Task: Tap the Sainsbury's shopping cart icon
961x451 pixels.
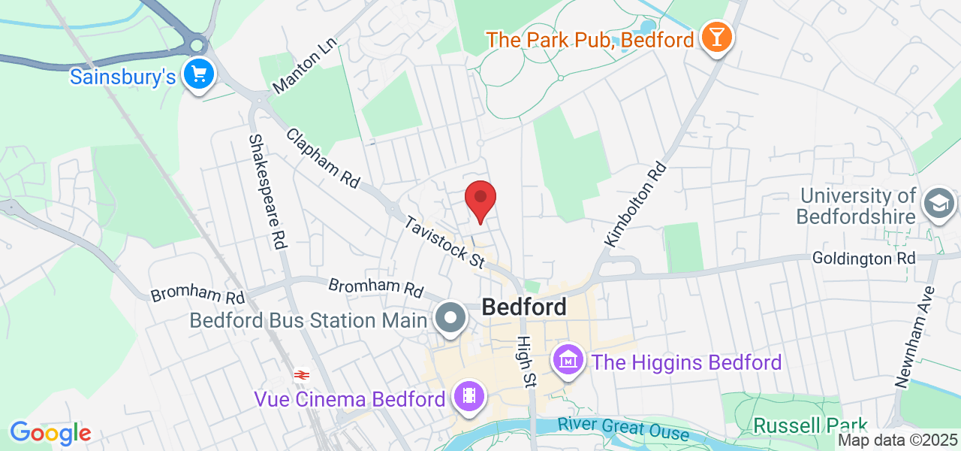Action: [199, 74]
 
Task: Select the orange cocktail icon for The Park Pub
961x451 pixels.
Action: [715, 38]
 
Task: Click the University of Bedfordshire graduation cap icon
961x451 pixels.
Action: [939, 204]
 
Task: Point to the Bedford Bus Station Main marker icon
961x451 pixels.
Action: [450, 319]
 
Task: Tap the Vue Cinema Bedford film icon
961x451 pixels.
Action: [469, 396]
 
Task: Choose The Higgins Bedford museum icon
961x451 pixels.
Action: [569, 361]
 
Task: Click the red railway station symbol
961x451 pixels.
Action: [302, 374]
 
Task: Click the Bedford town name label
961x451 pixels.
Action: [524, 307]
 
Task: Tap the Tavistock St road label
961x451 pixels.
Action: [445, 242]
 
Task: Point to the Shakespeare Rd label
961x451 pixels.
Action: [268, 192]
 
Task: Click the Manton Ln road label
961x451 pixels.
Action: [305, 68]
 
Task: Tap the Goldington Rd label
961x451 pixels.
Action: [863, 258]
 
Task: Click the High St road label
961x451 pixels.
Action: [525, 361]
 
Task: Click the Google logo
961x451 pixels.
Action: [50, 434]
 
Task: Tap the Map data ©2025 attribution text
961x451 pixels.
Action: [898, 440]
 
